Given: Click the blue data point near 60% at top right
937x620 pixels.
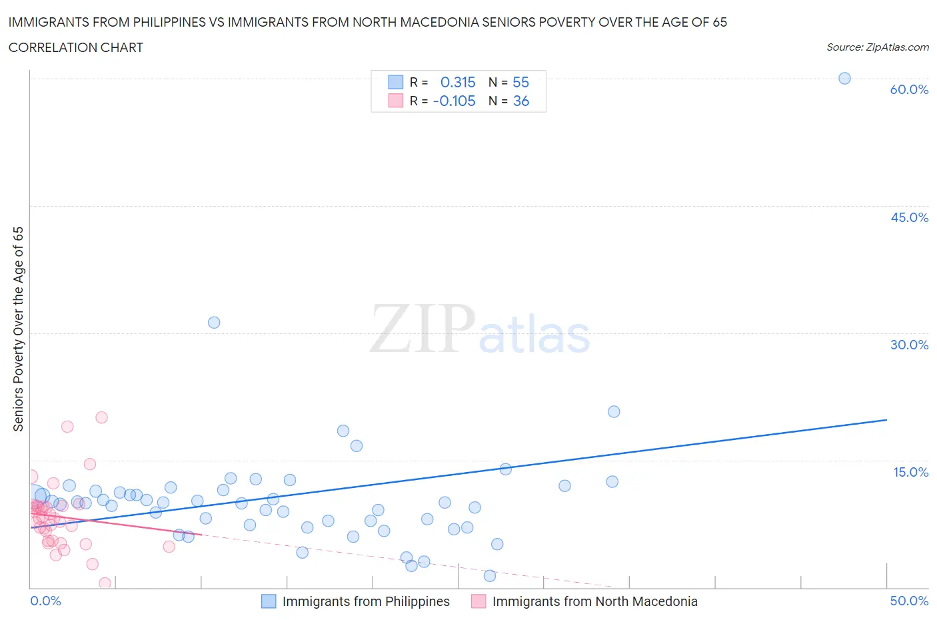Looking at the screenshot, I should click(x=844, y=78).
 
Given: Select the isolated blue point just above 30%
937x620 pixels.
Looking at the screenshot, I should click(x=214, y=322).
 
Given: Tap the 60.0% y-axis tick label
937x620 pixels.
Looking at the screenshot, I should click(x=909, y=89).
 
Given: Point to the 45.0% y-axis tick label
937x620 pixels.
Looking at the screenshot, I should click(x=909, y=217).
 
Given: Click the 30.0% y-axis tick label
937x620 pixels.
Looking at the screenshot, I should click(x=909, y=345).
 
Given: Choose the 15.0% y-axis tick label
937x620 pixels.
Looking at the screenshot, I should click(x=910, y=472).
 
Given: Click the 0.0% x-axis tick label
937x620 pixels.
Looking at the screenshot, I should click(x=45, y=601).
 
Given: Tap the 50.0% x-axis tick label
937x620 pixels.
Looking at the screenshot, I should click(x=909, y=601).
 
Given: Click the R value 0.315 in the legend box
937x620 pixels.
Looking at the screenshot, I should click(x=458, y=82).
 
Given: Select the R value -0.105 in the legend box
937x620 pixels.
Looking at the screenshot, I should click(x=455, y=101).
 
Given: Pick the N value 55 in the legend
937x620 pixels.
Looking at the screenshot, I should click(x=520, y=82).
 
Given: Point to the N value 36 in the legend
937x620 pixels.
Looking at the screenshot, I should click(x=520, y=101).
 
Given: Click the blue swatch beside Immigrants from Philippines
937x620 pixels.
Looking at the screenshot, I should click(x=269, y=601).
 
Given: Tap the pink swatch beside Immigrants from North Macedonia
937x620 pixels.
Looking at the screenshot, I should click(x=478, y=601).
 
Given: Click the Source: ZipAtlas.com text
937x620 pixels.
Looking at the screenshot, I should click(x=877, y=47).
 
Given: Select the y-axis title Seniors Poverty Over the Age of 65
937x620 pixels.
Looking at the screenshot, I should click(x=19, y=329).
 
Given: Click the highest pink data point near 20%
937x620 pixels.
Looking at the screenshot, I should click(x=101, y=417).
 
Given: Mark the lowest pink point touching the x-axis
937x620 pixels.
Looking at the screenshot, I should click(x=105, y=583).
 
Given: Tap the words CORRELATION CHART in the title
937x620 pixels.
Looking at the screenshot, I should click(x=76, y=47).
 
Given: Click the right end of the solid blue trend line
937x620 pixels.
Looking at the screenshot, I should click(x=886, y=420).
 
